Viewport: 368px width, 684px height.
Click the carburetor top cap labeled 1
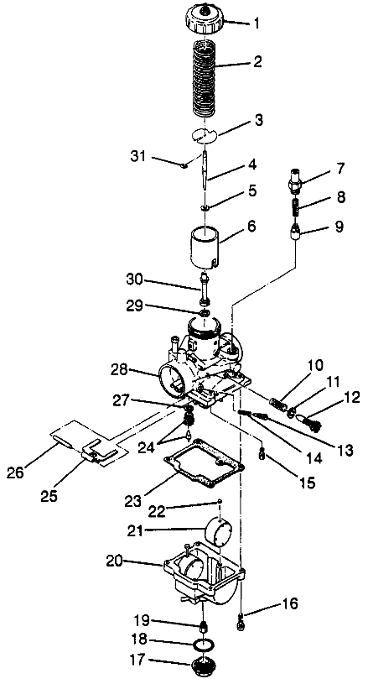pos(205,18)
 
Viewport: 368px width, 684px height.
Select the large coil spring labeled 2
pos(205,78)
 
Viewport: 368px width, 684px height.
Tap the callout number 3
pos(259,120)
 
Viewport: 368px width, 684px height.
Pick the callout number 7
pos(340,168)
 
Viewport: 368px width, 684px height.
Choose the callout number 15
pos(307,482)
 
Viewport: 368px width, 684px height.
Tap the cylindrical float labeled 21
pos(218,530)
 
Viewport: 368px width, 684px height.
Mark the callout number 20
pos(115,561)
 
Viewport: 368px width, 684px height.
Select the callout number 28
pos(119,370)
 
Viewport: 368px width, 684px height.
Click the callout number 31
pos(138,156)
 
